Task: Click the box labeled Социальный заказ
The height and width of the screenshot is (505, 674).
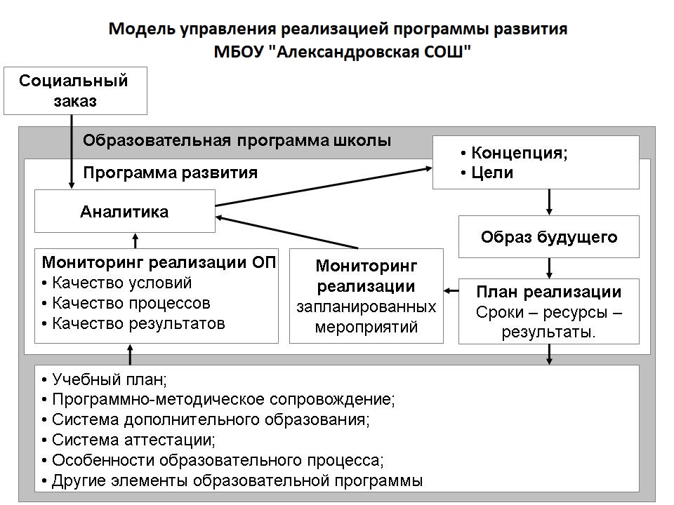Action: click(x=75, y=90)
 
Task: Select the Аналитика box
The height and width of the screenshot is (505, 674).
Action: click(x=125, y=211)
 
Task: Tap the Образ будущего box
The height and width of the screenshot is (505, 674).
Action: click(x=549, y=236)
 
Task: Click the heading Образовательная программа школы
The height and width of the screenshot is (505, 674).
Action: click(x=237, y=140)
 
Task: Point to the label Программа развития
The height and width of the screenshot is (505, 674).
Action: click(x=170, y=173)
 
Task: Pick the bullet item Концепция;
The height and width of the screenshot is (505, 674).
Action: click(x=514, y=153)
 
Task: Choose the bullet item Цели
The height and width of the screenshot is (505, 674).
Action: click(x=487, y=173)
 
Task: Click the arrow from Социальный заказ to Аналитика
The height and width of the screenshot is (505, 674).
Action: click(x=72, y=151)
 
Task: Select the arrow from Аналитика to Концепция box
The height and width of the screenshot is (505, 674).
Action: click(x=323, y=187)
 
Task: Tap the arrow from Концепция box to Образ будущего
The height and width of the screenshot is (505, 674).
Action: click(x=549, y=202)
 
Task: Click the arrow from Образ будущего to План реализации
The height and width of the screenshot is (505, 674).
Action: click(x=549, y=269)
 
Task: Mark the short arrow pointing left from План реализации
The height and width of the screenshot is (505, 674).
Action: click(x=451, y=291)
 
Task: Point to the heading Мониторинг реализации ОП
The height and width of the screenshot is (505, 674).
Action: click(x=159, y=262)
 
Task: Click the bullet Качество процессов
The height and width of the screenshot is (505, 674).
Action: click(x=126, y=303)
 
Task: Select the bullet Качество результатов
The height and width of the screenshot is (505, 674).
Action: click(x=133, y=323)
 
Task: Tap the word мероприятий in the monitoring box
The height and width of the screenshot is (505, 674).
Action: click(x=366, y=328)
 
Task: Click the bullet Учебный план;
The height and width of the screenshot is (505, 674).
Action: click(x=105, y=379)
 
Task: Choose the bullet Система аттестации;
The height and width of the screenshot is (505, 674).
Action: click(x=128, y=440)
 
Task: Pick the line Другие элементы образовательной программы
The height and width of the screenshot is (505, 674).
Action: click(x=232, y=480)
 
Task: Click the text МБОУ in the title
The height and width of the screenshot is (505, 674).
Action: click(x=239, y=52)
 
